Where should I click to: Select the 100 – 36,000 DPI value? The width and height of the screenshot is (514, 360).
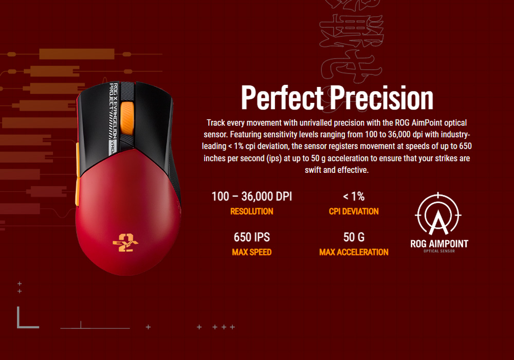[251, 196]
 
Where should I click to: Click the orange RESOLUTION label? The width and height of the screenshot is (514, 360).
[251, 211]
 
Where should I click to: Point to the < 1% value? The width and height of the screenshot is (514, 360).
[354, 196]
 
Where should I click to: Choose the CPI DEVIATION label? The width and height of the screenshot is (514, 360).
[354, 211]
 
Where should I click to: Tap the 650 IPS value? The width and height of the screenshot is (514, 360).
[251, 237]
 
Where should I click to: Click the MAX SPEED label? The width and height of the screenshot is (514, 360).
[251, 253]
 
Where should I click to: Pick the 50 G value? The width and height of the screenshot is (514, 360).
[354, 237]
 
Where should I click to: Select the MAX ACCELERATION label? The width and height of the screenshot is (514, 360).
[354, 253]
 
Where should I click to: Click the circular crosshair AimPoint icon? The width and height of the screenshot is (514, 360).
[438, 215]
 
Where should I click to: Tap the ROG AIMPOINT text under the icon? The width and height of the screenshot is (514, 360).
[439, 243]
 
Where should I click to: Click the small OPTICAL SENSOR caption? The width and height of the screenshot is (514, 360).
[439, 251]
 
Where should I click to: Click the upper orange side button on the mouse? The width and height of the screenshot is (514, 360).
[77, 154]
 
